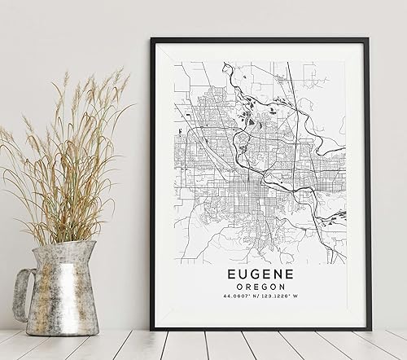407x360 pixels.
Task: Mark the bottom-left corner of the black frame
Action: click(x=155, y=328)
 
